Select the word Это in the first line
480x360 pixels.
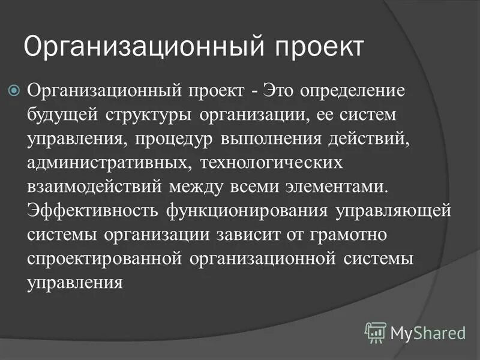click(x=284, y=92)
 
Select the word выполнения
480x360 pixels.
click(x=262, y=139)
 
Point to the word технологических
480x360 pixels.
click(x=271, y=163)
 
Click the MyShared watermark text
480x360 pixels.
click(x=428, y=332)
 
